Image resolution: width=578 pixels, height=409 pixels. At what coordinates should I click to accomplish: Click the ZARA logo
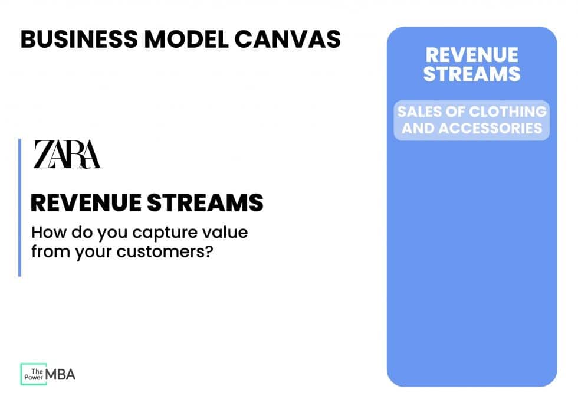click(x=68, y=155)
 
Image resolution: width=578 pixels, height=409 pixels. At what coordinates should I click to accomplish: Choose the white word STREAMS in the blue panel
click(x=472, y=74)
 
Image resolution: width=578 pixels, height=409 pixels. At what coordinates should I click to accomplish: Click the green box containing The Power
click(x=33, y=374)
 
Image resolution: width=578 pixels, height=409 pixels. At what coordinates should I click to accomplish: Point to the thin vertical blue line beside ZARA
click(x=19, y=207)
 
